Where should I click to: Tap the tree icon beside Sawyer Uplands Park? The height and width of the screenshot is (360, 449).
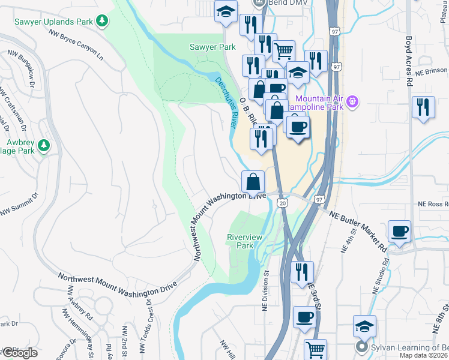click(x=103, y=21)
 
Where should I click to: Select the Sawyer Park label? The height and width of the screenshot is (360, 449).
click(x=212, y=46)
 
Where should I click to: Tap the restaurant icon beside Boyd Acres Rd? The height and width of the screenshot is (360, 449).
click(x=424, y=107)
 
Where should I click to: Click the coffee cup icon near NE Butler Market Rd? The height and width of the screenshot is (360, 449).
click(x=400, y=230)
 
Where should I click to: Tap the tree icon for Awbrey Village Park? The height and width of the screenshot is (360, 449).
click(x=43, y=145)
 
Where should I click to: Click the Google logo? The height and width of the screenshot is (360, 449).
click(x=19, y=353)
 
